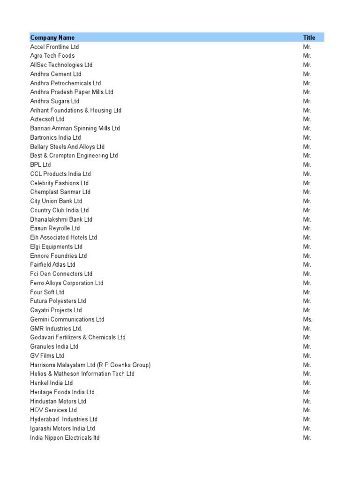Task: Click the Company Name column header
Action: pyautogui.click(x=52, y=37)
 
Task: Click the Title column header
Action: pyautogui.click(x=309, y=37)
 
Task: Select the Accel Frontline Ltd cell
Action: pyautogui.click(x=54, y=47)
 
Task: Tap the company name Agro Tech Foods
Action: pyautogui.click(x=52, y=56)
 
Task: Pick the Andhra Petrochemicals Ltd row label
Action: pyautogui.click(x=65, y=83)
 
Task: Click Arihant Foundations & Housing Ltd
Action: pyautogui.click(x=75, y=110)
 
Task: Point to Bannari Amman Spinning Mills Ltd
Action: pyautogui.click(x=75, y=128)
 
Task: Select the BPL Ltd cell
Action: pyautogui.click(x=40, y=165)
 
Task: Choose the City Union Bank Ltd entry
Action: pyautogui.click(x=56, y=201)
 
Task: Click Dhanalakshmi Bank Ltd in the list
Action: pyautogui.click(x=61, y=219)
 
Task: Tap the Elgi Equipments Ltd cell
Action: pyautogui.click(x=56, y=247)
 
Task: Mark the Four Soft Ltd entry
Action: pyautogui.click(x=47, y=292)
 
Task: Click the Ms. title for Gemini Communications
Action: pyautogui.click(x=307, y=319)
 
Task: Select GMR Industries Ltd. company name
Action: pyautogui.click(x=56, y=329)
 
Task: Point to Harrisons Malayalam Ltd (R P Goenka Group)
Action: pyautogui.click(x=90, y=365)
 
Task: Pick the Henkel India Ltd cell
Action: pyautogui.click(x=51, y=383)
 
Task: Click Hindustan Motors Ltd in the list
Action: pyautogui.click(x=58, y=401)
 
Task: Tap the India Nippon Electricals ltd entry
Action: pyautogui.click(x=65, y=438)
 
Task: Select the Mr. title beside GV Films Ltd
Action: pyautogui.click(x=307, y=356)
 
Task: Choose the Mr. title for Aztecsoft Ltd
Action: pyautogui.click(x=307, y=119)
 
